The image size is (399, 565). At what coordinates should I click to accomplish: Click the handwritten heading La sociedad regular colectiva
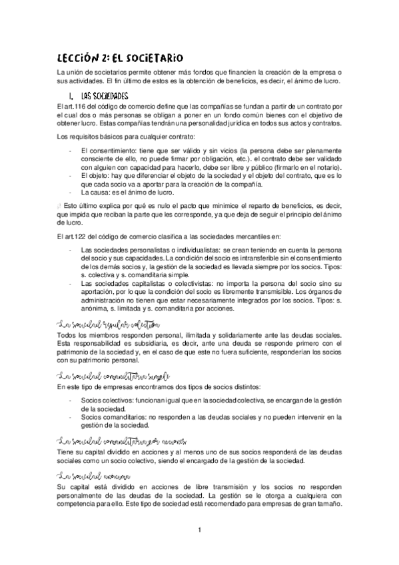tap(106, 324)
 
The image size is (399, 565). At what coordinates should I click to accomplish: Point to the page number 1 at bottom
tap(199, 530)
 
